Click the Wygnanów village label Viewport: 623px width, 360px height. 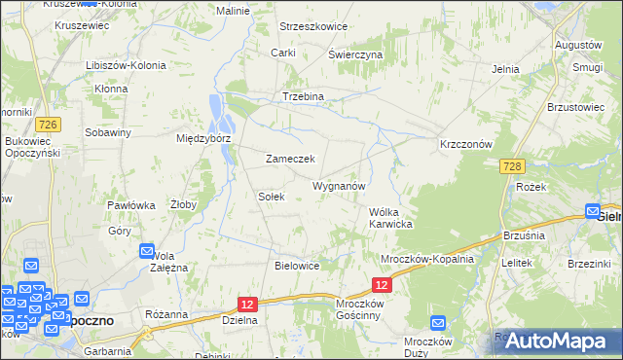(339, 185)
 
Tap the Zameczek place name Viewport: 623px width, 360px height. (290, 159)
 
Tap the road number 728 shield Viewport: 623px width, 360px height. (515, 166)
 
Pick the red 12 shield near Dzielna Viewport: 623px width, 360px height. (247, 305)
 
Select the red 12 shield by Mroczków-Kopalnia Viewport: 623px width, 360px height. (383, 284)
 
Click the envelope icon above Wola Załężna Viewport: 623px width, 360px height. (147, 250)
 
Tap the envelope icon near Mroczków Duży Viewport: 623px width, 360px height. (437, 324)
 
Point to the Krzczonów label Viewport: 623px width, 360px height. (469, 143)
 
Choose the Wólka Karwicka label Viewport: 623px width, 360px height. (391, 218)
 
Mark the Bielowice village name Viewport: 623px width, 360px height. (298, 265)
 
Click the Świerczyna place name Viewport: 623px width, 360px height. (355, 55)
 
